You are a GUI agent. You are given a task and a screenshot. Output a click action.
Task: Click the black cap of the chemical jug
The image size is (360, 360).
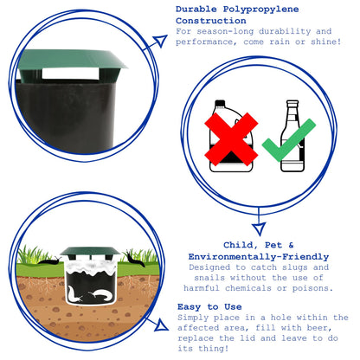coord(220,103)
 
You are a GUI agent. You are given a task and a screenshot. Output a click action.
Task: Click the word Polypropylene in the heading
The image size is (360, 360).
coord(260,10)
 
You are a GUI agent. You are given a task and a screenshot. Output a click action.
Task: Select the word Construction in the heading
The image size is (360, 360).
coord(211,21)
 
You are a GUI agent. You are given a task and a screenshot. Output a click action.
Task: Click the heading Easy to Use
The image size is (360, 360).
coord(209,306)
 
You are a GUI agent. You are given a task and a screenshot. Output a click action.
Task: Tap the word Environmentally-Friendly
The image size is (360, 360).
coord(259,257)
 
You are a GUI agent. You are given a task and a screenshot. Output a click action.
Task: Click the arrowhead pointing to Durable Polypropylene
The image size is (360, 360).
coord(160,41)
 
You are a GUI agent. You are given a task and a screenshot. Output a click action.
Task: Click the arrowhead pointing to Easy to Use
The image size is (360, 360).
coord(162,325)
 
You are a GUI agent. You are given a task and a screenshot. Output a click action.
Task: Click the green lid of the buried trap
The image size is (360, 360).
coord(90,252)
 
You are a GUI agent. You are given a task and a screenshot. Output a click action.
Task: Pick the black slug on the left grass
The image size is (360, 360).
coord(49,261)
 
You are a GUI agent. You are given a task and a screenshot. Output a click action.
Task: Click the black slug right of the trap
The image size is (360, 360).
coord(134,259)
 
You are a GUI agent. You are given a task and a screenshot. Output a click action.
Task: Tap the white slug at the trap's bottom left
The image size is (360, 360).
coord(74,294)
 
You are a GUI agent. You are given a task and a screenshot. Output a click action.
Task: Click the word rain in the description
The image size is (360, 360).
coord(280,42)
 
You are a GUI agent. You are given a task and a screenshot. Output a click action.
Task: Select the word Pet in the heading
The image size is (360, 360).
coord(273,246)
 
